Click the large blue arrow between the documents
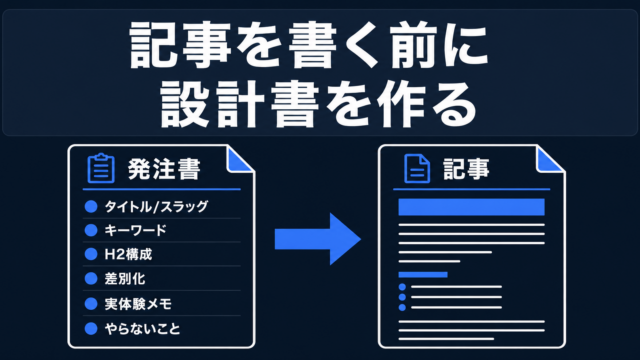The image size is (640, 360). [318, 239]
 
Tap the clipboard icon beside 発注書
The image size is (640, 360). [101, 168]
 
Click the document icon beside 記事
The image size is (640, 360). [417, 169]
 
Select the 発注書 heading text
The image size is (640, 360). [164, 169]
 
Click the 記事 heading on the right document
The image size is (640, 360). [466, 169]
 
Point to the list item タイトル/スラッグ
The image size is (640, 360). [156, 207]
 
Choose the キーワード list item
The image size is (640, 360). [136, 230]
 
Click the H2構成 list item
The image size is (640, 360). [128, 254]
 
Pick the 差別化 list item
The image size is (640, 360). [124, 279]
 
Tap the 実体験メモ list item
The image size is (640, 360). [138, 304]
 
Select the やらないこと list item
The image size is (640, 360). [142, 329]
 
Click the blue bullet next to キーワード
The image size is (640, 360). [91, 230]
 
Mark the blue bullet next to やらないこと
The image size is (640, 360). [91, 329]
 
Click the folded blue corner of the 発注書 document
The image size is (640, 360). [238, 160]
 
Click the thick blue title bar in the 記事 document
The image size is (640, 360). [471, 207]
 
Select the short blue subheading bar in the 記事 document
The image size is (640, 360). [423, 275]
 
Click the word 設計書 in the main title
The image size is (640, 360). [239, 104]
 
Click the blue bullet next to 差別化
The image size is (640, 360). [91, 279]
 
